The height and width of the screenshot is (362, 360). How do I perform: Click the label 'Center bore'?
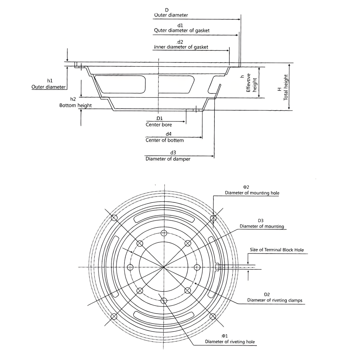pos(159,125)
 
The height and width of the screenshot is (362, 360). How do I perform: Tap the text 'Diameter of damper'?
pos(168,159)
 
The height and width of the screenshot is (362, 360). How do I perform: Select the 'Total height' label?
pos(286,87)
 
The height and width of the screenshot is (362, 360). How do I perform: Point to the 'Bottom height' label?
pos(75,105)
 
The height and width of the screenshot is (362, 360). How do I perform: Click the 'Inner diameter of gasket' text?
pos(181,47)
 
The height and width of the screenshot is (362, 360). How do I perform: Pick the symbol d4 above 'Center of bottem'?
pos(168,134)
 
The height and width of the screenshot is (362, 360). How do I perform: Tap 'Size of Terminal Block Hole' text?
pos(277,250)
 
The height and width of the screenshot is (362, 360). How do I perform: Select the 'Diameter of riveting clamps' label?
pos(275,300)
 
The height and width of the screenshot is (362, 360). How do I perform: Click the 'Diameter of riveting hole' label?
pos(230,342)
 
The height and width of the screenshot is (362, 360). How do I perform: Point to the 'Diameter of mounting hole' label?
pos(252,193)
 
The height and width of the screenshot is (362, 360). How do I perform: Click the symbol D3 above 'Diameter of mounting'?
pos(261,221)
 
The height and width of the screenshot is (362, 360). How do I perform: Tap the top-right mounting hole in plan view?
pos(213,218)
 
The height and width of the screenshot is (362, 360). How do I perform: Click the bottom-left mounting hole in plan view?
pos(114,316)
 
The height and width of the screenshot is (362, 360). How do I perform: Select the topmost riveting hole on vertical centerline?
pos(164,233)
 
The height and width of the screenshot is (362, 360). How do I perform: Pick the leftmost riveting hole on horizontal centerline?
pos(130,267)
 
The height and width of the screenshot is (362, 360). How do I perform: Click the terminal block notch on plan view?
pos(217,267)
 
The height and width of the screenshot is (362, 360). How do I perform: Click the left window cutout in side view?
pos(120,84)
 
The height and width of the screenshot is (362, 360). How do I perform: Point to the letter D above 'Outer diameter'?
pos(167,10)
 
